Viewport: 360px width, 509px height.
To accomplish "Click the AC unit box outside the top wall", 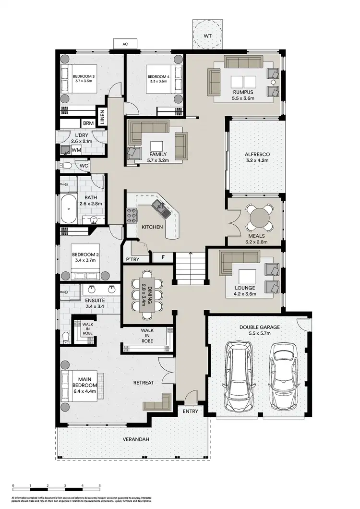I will pyautogui.click(x=125, y=44).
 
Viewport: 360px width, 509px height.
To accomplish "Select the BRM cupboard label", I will pyautogui.click(x=88, y=123).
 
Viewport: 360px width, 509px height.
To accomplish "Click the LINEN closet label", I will pyautogui.click(x=102, y=117).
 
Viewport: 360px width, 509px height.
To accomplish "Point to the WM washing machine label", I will pyautogui.click(x=76, y=150).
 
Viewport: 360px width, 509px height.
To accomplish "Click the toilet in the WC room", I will pyautogui.click(x=67, y=166).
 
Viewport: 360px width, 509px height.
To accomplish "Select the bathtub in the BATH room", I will pyautogui.click(x=69, y=208).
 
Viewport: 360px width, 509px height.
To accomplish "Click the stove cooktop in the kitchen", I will pyautogui.click(x=131, y=216).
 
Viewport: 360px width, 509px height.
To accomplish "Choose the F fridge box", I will pyautogui.click(x=163, y=257).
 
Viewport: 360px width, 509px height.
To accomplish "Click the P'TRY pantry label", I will pyautogui.click(x=132, y=259).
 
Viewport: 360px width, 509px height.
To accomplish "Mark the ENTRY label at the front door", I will pyautogui.click(x=190, y=412).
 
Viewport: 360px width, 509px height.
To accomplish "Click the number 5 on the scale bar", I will pyautogui.click(x=100, y=486).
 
